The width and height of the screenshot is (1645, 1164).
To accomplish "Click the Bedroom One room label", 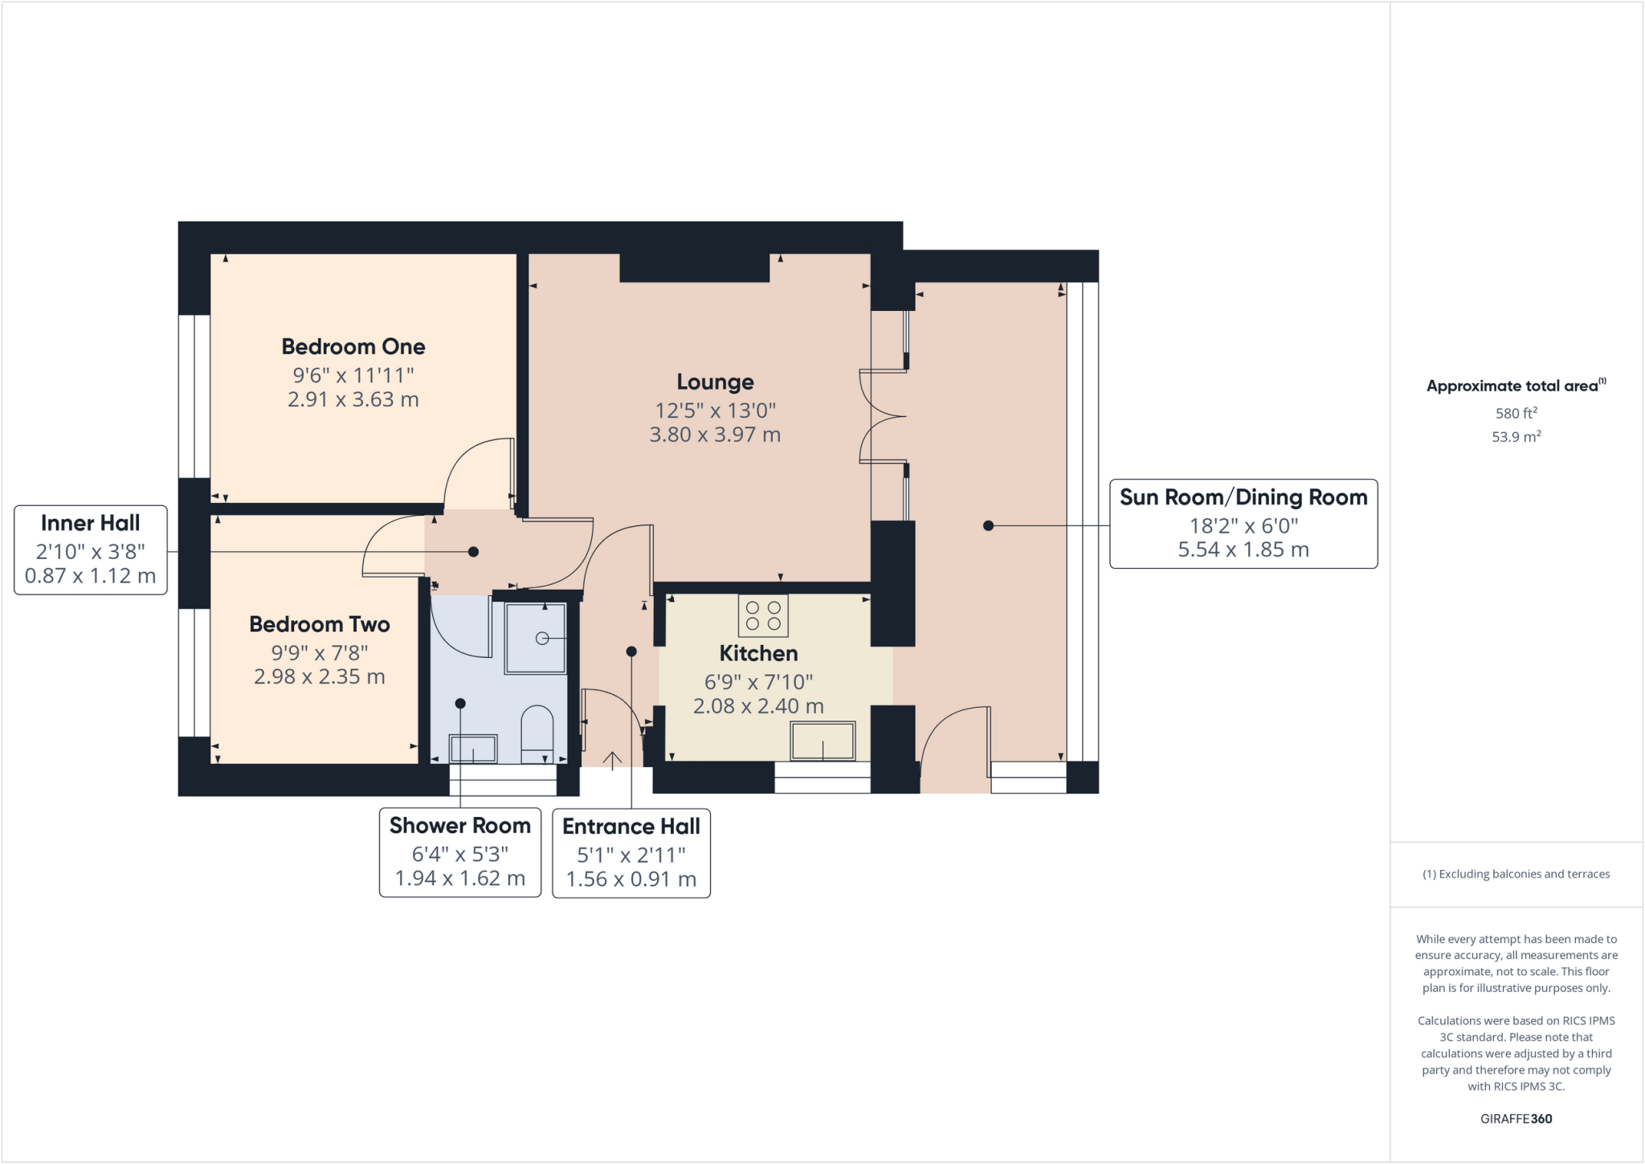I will click(x=353, y=347).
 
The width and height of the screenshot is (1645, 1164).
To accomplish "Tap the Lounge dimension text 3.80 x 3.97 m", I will click(x=715, y=435).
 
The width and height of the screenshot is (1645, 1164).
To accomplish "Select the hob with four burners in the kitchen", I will click(x=763, y=615).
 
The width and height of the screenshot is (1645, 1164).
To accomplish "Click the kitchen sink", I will click(x=822, y=741).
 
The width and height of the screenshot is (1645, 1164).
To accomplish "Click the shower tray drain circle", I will click(x=542, y=638).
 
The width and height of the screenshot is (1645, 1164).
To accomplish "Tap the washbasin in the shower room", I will click(x=473, y=749).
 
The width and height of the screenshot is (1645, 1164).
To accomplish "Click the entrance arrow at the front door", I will click(x=612, y=760).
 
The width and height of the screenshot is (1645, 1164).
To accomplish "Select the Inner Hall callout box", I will click(x=91, y=549).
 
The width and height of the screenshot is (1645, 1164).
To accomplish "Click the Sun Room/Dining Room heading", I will click(x=1243, y=497).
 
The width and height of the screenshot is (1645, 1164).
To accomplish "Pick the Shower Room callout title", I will click(x=459, y=826).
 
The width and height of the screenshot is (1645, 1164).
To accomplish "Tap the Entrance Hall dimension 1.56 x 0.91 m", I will click(x=631, y=880).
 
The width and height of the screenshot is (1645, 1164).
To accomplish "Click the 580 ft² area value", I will click(x=1516, y=413).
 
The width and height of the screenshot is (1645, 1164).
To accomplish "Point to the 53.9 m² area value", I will click(x=1516, y=437).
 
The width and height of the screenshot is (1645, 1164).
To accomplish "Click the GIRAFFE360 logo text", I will click(x=1516, y=1118).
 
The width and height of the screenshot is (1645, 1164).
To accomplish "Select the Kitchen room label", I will click(x=758, y=653).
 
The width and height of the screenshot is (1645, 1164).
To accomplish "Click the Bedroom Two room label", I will click(x=319, y=624).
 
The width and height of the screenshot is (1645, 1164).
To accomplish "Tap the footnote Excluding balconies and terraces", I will click(x=1516, y=874).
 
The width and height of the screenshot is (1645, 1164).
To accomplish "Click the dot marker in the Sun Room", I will click(x=988, y=525).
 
